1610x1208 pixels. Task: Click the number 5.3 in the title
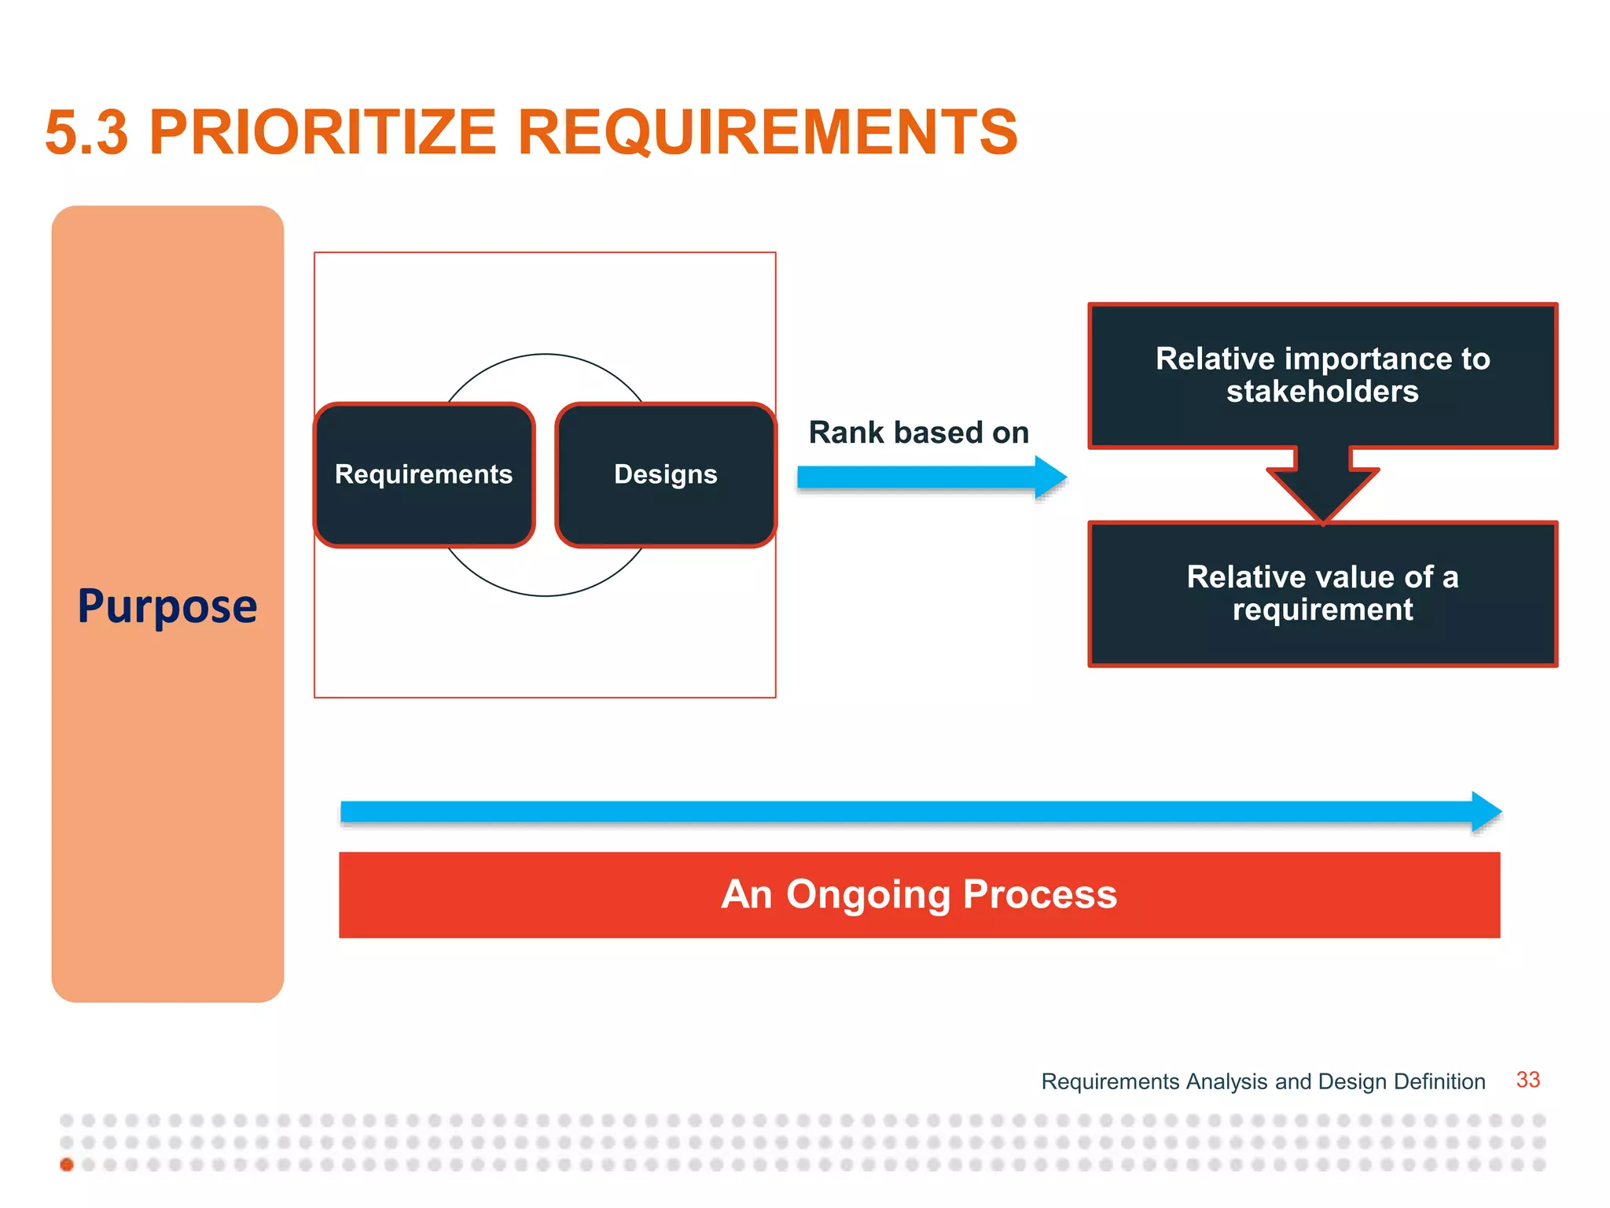coord(86,133)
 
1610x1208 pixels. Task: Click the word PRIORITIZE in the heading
coord(322,133)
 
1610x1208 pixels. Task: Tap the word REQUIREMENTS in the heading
coord(767,133)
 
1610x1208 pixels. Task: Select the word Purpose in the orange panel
coord(167,606)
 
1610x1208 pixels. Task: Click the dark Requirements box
coord(424,474)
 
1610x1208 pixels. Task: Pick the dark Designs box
coord(665,474)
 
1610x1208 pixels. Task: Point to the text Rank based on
coord(918,433)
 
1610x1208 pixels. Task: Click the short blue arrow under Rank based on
coord(920,477)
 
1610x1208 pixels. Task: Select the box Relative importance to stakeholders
coord(1322,375)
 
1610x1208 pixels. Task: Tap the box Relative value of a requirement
coord(1322,594)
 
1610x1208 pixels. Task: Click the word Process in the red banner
coord(1039,894)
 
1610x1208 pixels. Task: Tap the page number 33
coord(1527,1080)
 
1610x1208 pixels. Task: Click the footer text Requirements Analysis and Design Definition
coord(1263,1081)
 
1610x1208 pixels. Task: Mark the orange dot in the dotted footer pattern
coord(67,1165)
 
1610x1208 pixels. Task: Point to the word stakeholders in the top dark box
coord(1322,392)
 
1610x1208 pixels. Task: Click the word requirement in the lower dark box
coord(1322,610)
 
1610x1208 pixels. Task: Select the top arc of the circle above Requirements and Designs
coord(545,355)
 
